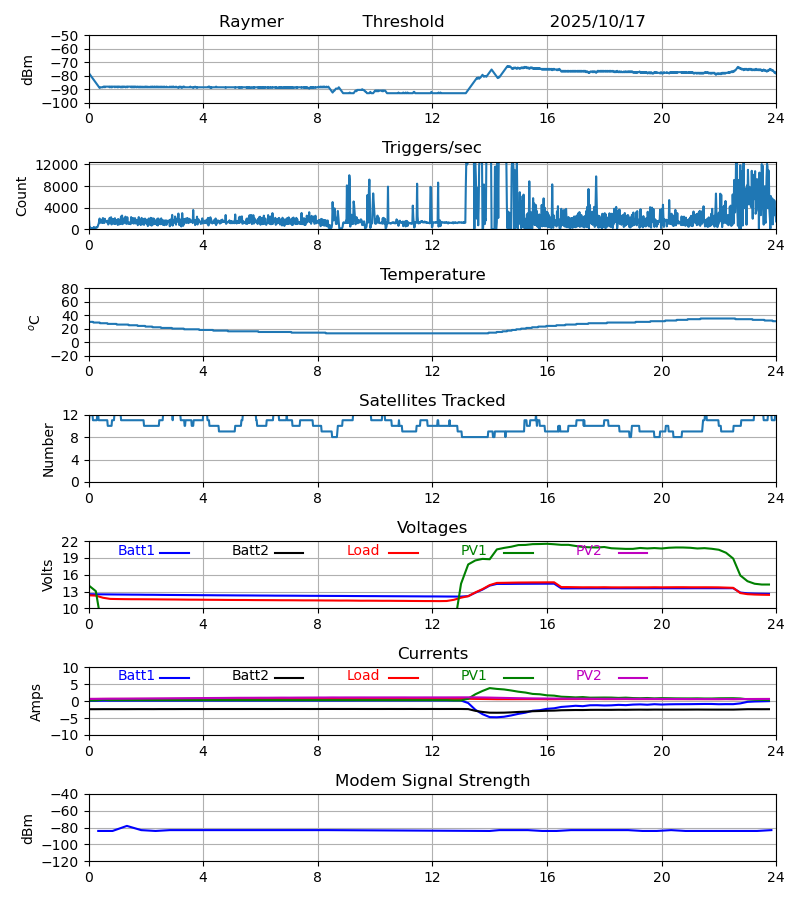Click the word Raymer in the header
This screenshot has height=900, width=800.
point(251,22)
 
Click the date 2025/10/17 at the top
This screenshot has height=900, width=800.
point(597,22)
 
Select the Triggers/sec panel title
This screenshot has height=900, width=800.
point(431,148)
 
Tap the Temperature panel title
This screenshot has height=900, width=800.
point(432,275)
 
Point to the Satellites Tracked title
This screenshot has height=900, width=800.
point(432,401)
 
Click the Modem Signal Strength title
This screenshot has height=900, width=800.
point(432,781)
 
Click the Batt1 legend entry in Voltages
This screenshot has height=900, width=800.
point(136,551)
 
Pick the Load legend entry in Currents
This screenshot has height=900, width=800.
point(363,676)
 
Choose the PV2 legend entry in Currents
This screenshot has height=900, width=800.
point(588,676)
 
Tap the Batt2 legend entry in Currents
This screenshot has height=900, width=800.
point(250,676)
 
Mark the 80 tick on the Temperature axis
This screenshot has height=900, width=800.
point(71,289)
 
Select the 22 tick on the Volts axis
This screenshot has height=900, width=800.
point(71,542)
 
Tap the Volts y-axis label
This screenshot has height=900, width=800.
point(48,575)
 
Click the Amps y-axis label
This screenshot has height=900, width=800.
point(37,702)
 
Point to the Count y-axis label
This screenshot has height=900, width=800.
point(22,196)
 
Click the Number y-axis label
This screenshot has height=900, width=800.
point(48,449)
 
